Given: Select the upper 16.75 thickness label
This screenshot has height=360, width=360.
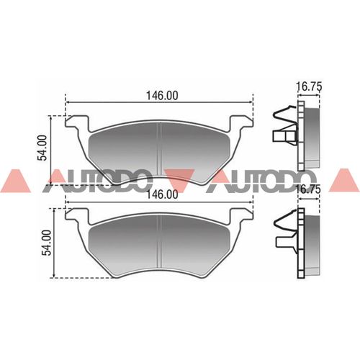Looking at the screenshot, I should pyautogui.click(x=308, y=86).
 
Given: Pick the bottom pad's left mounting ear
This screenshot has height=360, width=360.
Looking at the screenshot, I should pyautogui.click(x=73, y=214).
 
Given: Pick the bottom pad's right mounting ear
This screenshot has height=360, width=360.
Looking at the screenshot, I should pyautogui.click(x=243, y=214).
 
